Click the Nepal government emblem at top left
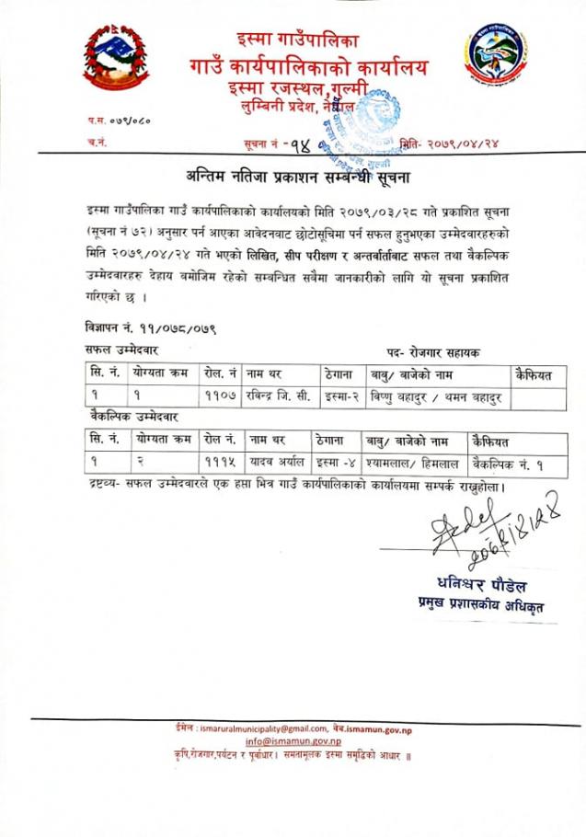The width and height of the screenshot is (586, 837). [x=116, y=61]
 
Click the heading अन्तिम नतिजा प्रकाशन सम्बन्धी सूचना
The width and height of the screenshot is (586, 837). [x=293, y=178]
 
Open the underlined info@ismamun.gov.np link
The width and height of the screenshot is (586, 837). [x=293, y=741]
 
